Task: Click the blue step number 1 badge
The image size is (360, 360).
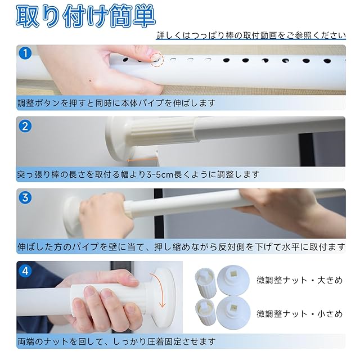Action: (25, 53)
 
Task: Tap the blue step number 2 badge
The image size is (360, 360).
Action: (25, 126)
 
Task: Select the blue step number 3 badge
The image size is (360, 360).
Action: (25, 197)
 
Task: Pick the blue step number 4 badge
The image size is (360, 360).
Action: (25, 271)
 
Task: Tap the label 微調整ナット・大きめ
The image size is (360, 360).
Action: (299, 280)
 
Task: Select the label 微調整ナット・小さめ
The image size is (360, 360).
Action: (299, 314)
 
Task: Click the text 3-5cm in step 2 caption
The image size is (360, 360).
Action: (160, 175)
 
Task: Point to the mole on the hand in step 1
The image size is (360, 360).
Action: (90, 80)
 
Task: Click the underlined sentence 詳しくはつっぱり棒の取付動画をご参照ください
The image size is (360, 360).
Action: (251, 35)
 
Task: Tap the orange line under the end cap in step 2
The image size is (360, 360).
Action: (142, 160)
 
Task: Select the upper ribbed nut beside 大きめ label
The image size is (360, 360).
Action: (206, 282)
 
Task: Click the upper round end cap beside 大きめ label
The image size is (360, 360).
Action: (233, 280)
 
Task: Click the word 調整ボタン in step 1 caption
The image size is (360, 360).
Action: (39, 103)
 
